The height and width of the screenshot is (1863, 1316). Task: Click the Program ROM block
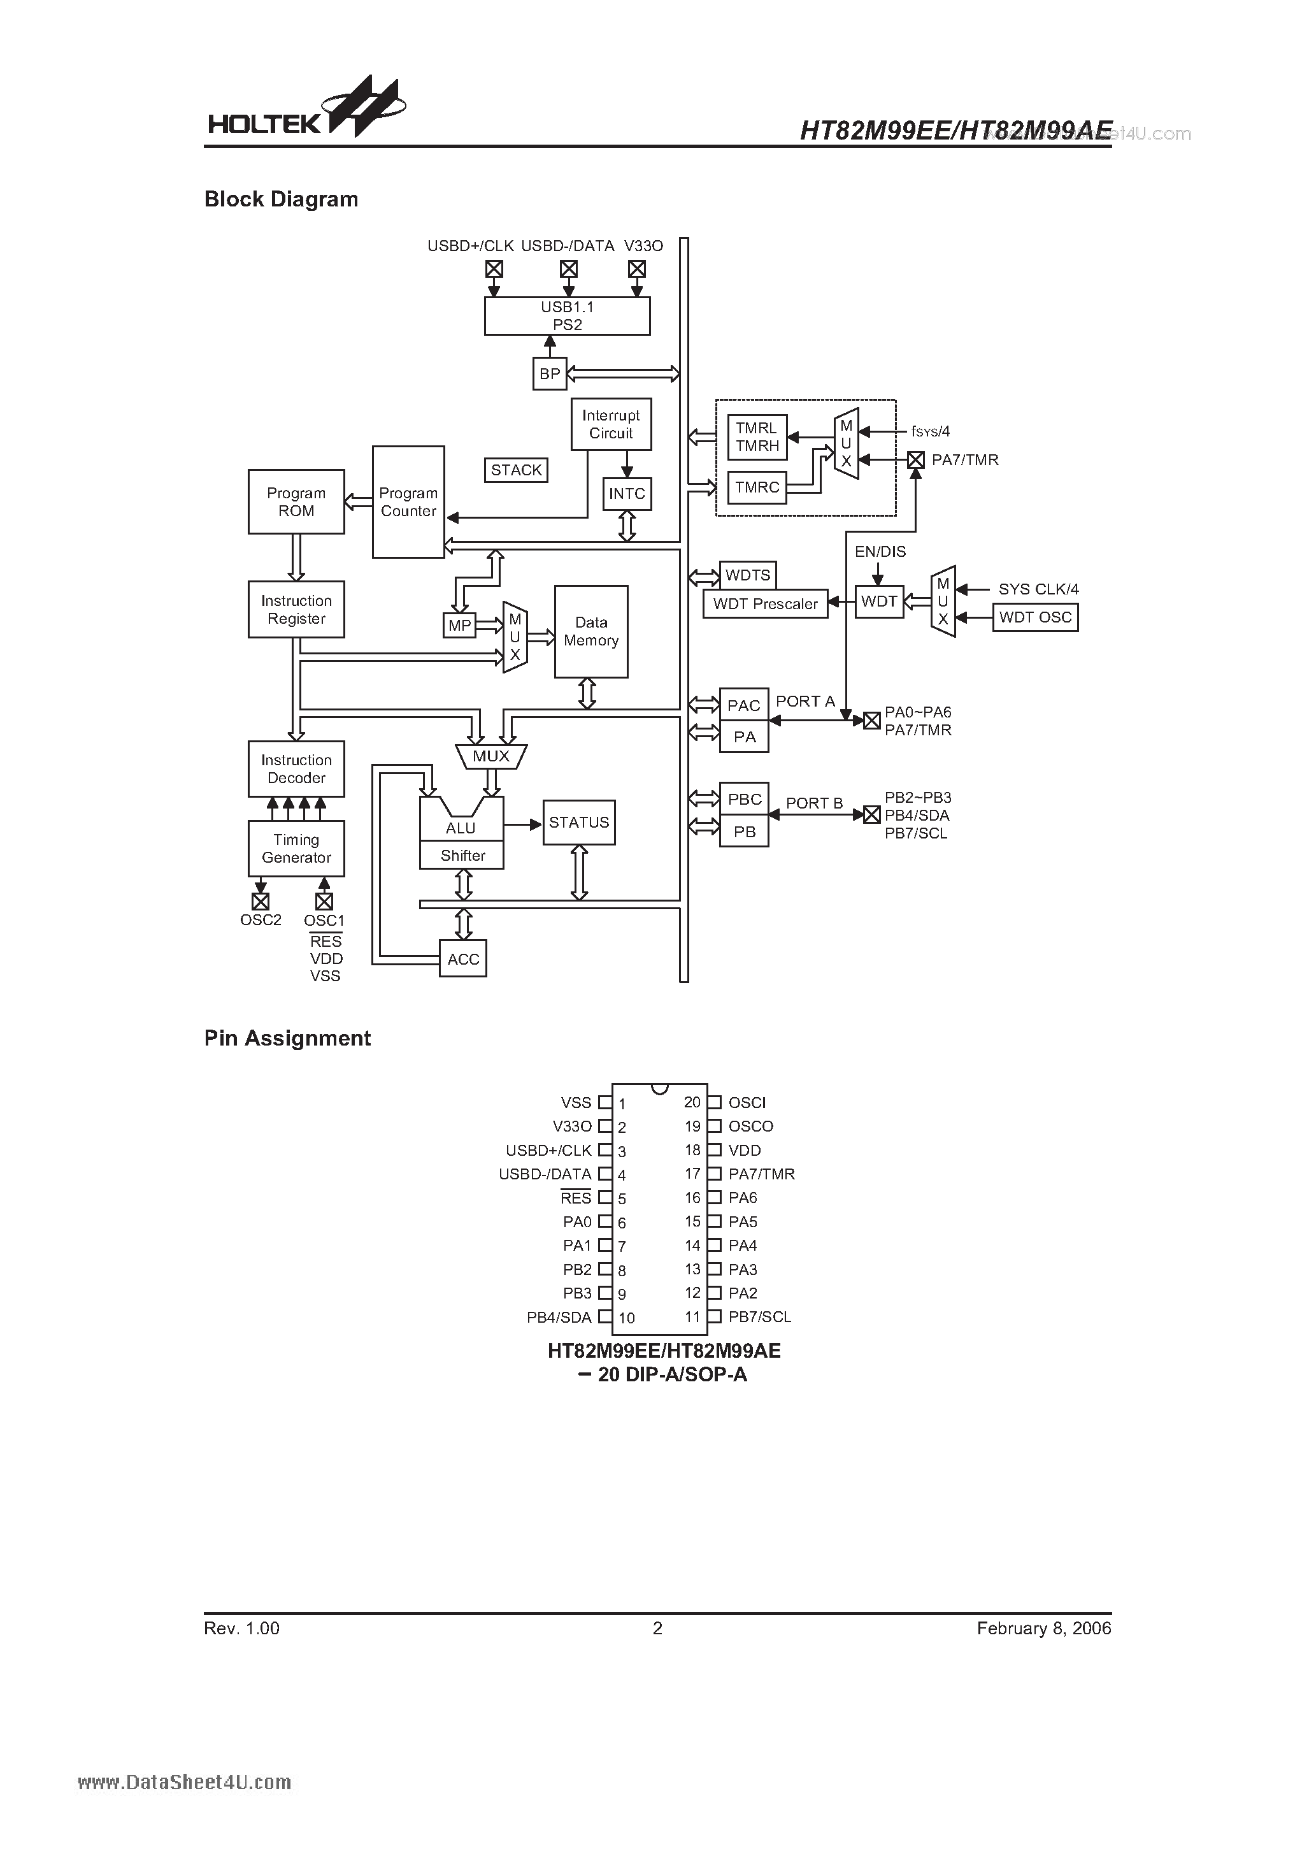click(296, 501)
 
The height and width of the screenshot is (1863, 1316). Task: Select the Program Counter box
click(408, 501)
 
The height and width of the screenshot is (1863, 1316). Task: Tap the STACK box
click(516, 470)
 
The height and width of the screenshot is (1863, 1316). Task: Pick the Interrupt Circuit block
click(611, 424)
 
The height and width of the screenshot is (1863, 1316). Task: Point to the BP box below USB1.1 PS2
click(549, 374)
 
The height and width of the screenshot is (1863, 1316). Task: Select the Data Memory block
click(590, 631)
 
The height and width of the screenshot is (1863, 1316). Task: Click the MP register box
click(459, 626)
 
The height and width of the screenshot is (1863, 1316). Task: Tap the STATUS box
click(578, 822)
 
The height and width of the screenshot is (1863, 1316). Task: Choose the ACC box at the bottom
click(462, 959)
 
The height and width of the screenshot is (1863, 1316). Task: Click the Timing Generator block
click(296, 848)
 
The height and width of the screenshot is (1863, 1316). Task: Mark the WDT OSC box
click(1035, 617)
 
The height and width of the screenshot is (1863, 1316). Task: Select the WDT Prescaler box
click(765, 603)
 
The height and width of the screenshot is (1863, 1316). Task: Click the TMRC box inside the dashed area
click(757, 487)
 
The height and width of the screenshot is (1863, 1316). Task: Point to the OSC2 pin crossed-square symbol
click(261, 902)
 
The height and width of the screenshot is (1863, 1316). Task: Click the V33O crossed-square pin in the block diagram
click(637, 269)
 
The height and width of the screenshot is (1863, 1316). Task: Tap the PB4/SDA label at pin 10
click(559, 1317)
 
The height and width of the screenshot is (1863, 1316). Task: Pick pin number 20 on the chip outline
click(691, 1102)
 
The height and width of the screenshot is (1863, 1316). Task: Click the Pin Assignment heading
click(287, 1039)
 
